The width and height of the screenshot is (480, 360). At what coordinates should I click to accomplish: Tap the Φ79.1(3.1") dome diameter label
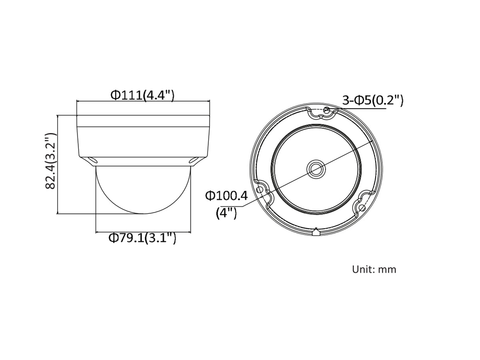142,238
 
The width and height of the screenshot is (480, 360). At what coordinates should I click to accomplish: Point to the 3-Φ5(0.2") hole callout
372,100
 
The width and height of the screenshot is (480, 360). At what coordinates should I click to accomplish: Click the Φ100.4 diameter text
226,196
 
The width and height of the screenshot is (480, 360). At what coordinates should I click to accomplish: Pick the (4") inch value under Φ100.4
226,213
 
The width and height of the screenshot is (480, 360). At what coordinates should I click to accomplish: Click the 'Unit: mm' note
374,269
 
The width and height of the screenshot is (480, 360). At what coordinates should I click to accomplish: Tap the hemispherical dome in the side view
143,190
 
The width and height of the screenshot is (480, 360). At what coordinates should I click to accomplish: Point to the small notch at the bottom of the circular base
316,231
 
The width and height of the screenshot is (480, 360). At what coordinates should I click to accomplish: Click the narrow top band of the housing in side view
143,121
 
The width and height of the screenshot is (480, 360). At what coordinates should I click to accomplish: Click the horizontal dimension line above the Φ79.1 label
143,232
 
